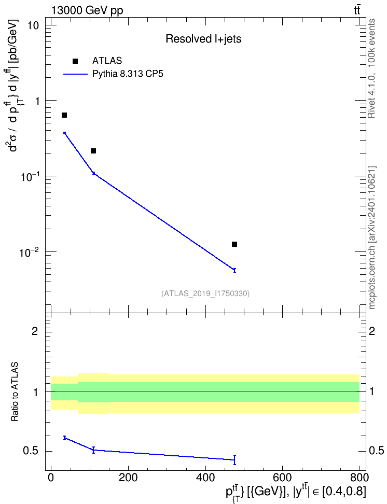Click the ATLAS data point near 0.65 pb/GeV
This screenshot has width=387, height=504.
(x=64, y=115)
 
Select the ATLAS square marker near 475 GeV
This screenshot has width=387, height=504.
(x=234, y=244)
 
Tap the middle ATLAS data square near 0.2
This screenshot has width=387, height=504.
(x=93, y=151)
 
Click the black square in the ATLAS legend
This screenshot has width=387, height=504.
(x=75, y=61)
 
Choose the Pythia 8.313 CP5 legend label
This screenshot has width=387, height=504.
(x=128, y=74)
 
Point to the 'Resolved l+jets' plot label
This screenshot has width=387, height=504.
(x=203, y=39)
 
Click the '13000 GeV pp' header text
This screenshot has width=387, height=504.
(x=87, y=10)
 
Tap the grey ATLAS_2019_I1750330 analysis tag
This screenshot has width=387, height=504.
(x=205, y=293)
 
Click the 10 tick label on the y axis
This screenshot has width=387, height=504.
(x=32, y=25)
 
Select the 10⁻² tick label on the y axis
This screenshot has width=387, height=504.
(x=29, y=251)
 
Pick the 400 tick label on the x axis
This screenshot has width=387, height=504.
(x=205, y=478)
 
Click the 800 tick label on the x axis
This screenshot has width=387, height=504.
(x=360, y=478)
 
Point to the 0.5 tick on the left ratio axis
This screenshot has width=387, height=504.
(x=31, y=451)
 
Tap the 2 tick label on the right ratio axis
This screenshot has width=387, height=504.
(x=372, y=331)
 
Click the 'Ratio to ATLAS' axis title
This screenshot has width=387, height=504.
(x=15, y=391)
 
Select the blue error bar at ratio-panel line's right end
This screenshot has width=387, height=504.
(x=234, y=460)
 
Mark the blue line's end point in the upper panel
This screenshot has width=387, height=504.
(x=234, y=270)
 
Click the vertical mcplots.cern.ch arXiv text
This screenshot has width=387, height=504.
(x=372, y=237)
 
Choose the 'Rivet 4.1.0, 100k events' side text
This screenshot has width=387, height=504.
(x=371, y=68)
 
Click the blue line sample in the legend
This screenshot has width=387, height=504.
(x=75, y=74)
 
